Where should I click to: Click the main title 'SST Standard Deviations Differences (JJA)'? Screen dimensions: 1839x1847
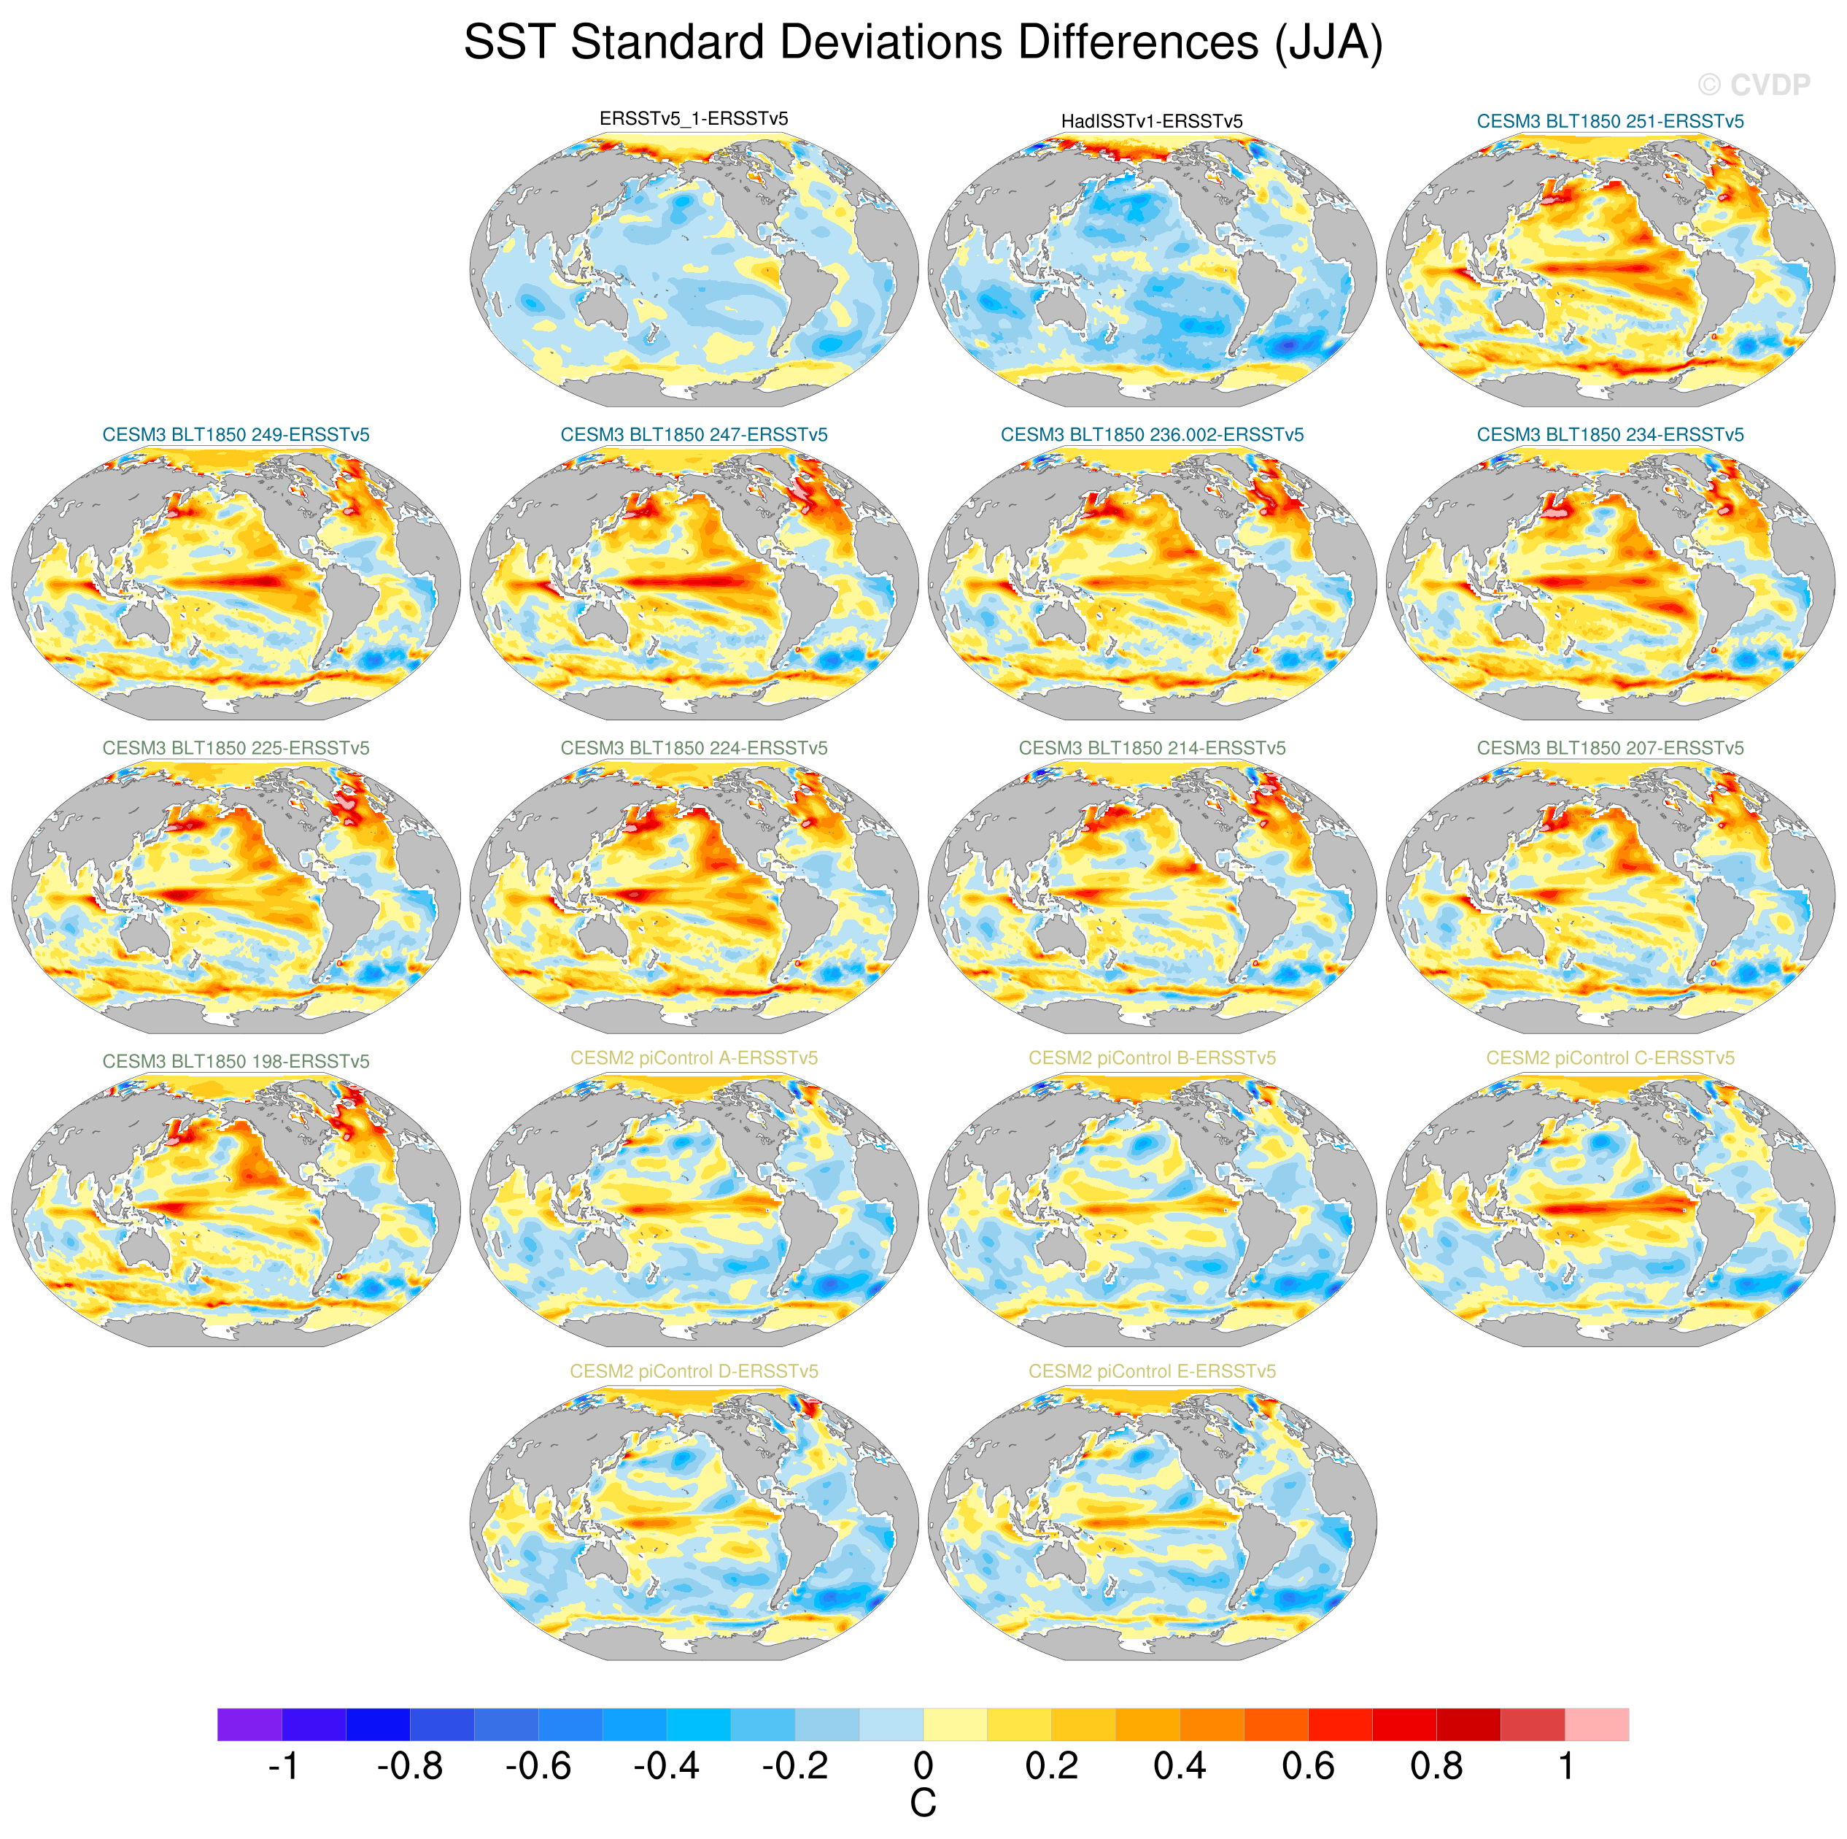click(x=923, y=43)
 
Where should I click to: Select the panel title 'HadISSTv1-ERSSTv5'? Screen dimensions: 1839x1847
click(x=1151, y=121)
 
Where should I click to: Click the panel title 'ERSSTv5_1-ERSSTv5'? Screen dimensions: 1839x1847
click(x=693, y=118)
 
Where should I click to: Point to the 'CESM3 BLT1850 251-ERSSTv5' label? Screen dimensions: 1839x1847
click(x=1610, y=121)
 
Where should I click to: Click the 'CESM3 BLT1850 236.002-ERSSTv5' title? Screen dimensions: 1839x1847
click(x=1151, y=435)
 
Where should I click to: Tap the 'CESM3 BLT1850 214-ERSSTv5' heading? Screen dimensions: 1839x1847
click(x=1151, y=748)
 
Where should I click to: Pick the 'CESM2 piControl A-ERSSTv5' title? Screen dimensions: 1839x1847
click(x=693, y=1057)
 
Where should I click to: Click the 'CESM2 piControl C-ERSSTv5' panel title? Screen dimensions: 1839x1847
click(x=1610, y=1057)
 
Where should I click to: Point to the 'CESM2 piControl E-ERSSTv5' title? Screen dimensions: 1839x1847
click(x=1151, y=1371)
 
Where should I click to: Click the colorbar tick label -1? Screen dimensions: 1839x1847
click(x=283, y=1766)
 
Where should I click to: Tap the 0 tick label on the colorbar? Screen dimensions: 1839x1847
click(x=923, y=1766)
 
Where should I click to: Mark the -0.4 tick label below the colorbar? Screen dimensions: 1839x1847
click(x=665, y=1766)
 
